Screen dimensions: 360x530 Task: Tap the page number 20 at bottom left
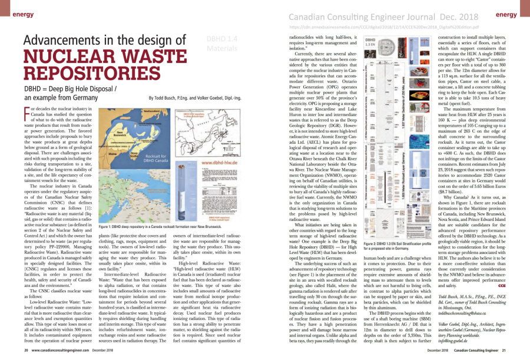tap(26, 353)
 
